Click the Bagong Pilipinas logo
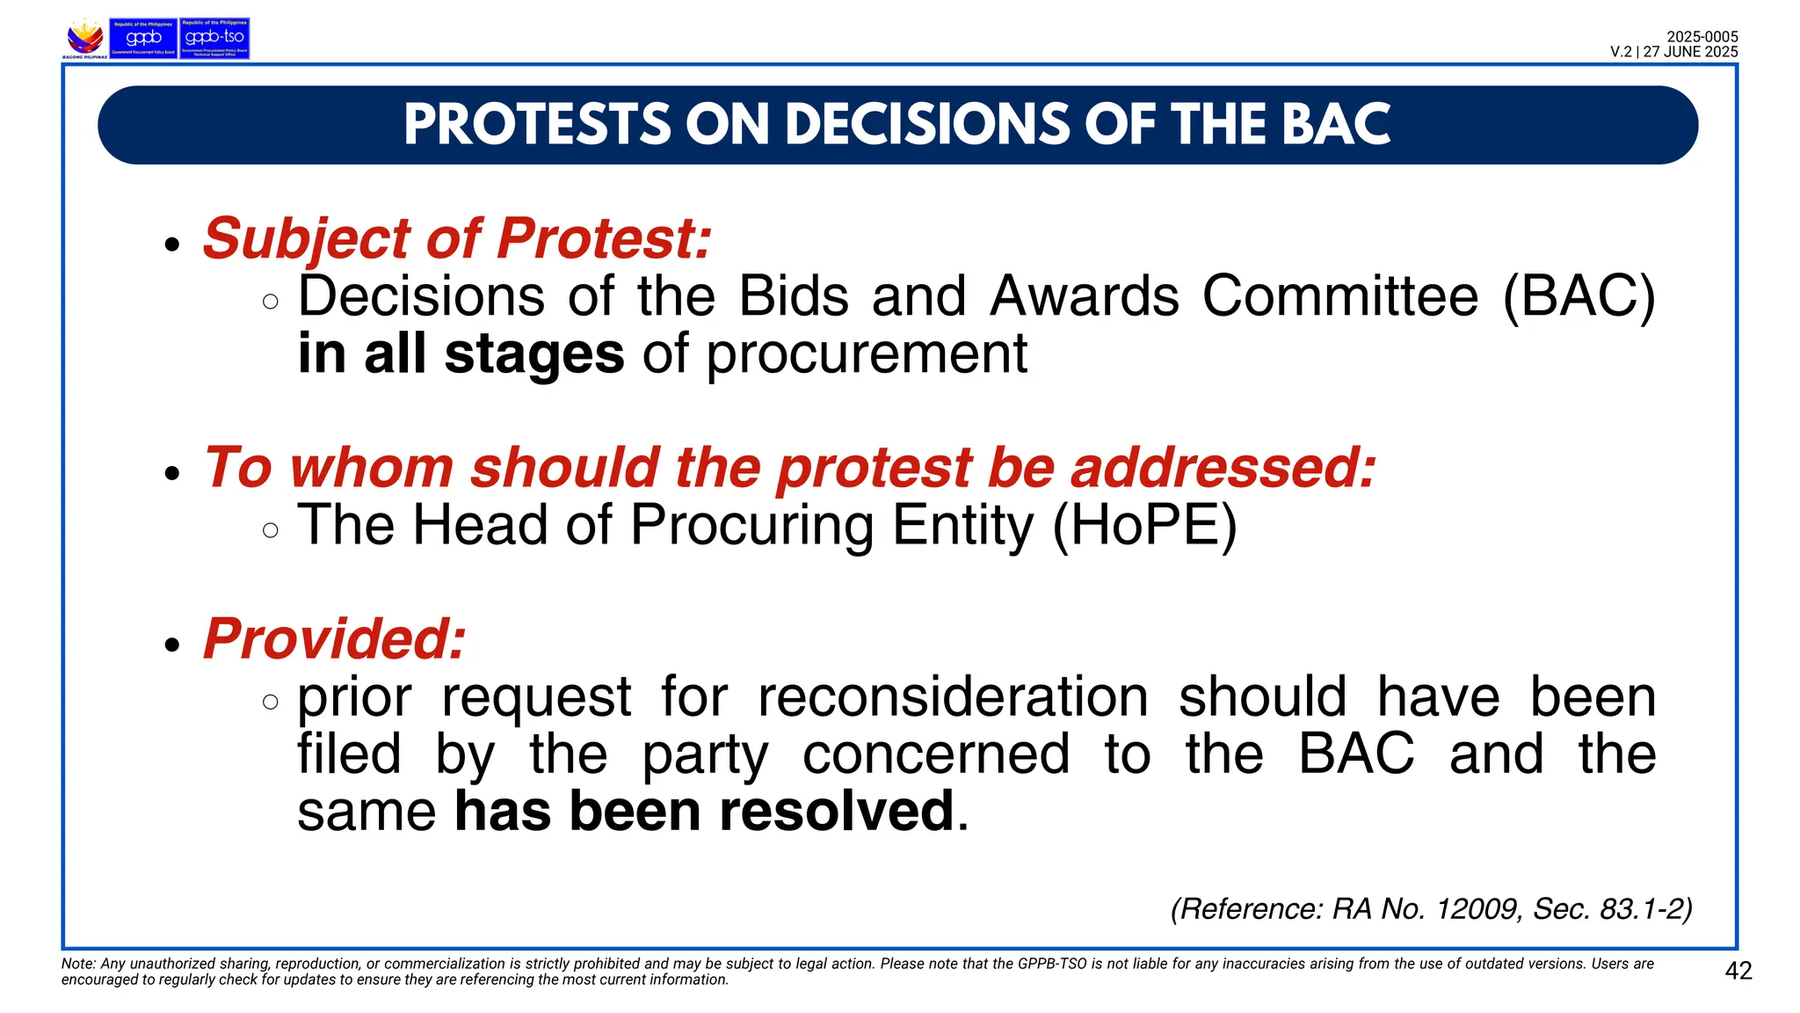coord(85,39)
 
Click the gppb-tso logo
coord(214,38)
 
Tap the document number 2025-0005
coord(1702,37)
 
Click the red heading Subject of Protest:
coord(457,238)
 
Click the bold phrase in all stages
coord(461,353)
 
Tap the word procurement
coord(867,353)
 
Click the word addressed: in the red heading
coord(1223,467)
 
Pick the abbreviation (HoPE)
coord(1144,526)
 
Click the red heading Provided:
coord(334,638)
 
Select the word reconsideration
coord(953,696)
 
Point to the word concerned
coord(935,754)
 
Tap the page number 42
coord(1738,971)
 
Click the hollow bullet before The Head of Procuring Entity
coord(271,530)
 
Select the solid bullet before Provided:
coord(172,645)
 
